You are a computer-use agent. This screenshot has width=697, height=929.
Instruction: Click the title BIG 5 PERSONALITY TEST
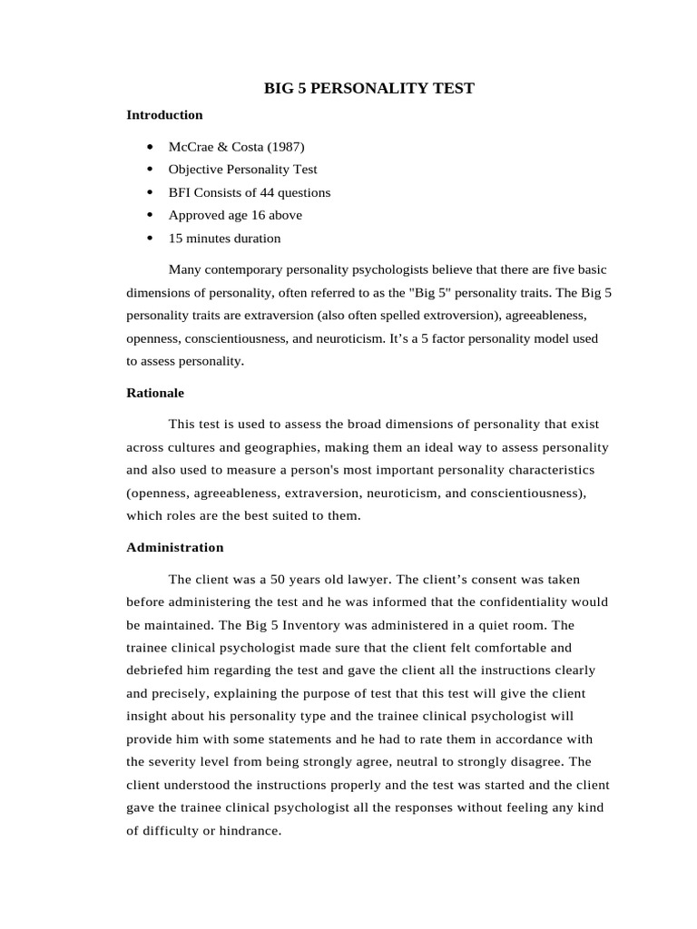click(368, 88)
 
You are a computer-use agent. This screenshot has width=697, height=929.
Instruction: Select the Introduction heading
click(164, 115)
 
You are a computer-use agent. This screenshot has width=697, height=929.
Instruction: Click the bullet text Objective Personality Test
click(242, 170)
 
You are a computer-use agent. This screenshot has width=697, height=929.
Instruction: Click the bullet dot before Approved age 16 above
click(149, 216)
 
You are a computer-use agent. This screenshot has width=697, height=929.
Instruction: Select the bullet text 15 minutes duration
click(224, 239)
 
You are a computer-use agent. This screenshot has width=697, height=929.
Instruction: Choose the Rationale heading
click(155, 393)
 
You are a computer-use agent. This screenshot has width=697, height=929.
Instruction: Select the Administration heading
click(174, 547)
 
